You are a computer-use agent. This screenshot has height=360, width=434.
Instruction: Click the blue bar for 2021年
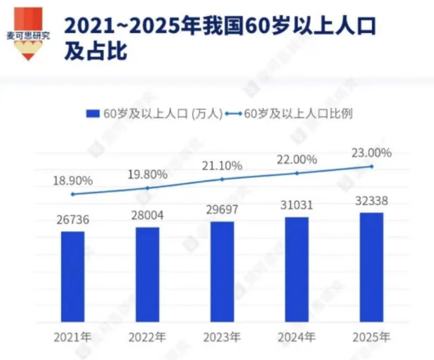[x=72, y=276]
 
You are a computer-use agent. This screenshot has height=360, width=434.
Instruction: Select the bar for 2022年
[x=147, y=274]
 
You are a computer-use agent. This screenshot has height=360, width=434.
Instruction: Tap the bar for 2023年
[x=222, y=271]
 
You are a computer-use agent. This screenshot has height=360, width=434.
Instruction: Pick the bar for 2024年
[x=297, y=269]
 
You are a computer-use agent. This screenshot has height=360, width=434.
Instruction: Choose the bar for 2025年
[x=372, y=267]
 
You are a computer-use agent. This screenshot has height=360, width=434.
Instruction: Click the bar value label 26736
[x=73, y=220]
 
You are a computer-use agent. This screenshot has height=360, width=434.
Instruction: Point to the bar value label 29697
[x=222, y=210]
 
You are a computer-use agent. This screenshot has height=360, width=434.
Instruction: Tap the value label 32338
[x=372, y=201]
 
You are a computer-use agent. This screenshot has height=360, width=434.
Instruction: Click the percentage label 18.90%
[x=73, y=180]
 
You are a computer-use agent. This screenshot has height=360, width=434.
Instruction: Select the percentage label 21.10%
[x=222, y=166]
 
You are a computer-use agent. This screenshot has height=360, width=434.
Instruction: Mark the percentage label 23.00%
[x=372, y=153]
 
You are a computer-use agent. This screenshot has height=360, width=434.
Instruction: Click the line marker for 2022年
[x=147, y=188]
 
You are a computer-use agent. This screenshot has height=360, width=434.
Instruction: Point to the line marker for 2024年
[x=297, y=173]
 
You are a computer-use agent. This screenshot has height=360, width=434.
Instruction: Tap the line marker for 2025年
[x=372, y=166]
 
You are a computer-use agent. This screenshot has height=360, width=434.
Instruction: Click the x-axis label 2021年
[x=73, y=337]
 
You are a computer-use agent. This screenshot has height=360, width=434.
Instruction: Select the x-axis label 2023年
[x=222, y=337]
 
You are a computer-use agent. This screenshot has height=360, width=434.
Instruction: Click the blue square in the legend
[x=93, y=114]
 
